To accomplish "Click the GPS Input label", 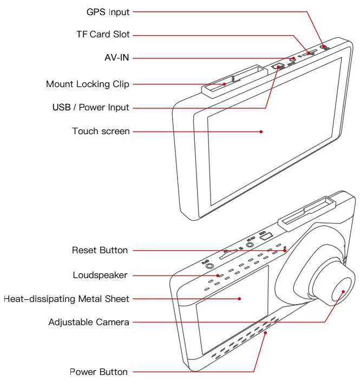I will tap(108, 11).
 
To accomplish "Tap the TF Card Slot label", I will tap(103, 35).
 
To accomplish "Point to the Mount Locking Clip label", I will tap(88, 84).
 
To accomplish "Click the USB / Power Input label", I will tap(90, 107).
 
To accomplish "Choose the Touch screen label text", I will tap(101, 131).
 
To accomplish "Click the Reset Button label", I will tap(100, 250).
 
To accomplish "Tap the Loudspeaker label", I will tap(100, 275).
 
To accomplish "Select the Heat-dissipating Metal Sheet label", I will tap(67, 299).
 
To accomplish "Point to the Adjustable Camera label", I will tap(89, 322).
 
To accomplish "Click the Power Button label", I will tap(99, 372).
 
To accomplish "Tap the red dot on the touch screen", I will tap(261, 131).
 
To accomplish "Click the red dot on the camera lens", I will tap(343, 292).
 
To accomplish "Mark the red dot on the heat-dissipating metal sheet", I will tap(240, 298).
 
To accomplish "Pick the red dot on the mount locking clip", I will tap(225, 84).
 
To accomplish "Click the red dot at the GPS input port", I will tap(324, 48).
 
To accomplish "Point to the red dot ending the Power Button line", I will tap(265, 333).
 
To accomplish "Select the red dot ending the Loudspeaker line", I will tap(218, 275).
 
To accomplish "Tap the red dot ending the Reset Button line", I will tap(284, 250).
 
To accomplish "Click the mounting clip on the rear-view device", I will tap(306, 213).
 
